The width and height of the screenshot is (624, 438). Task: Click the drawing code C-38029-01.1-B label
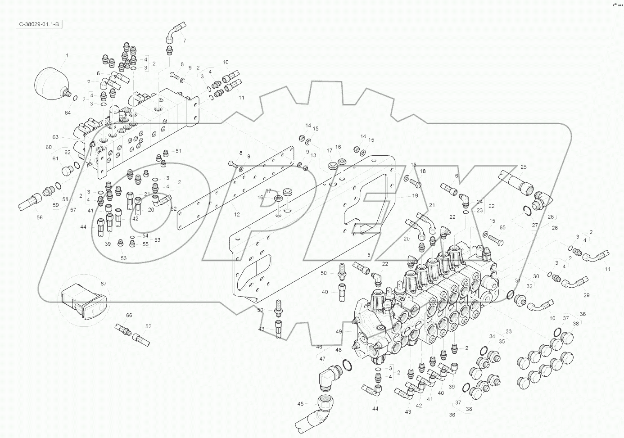point(38,24)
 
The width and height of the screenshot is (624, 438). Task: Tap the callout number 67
point(104,284)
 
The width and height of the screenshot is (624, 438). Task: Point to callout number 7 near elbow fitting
point(184,41)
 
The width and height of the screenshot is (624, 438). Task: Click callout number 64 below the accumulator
point(68,113)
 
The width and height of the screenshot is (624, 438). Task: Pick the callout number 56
point(40,217)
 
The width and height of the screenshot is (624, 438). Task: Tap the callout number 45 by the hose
point(301,403)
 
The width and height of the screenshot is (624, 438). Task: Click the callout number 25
point(523,167)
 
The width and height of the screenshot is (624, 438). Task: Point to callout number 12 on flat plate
point(237,214)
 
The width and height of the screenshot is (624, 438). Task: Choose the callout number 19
point(415,196)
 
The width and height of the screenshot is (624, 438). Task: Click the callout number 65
point(502,228)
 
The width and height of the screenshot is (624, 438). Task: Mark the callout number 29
point(586,295)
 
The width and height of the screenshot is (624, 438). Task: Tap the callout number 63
point(55,137)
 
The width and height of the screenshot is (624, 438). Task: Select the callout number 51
point(178,151)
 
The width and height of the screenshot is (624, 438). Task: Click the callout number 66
point(129,316)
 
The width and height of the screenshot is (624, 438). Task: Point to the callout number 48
point(338,350)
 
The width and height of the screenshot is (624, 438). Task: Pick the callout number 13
point(313,155)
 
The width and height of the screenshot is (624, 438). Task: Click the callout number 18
point(423,172)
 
